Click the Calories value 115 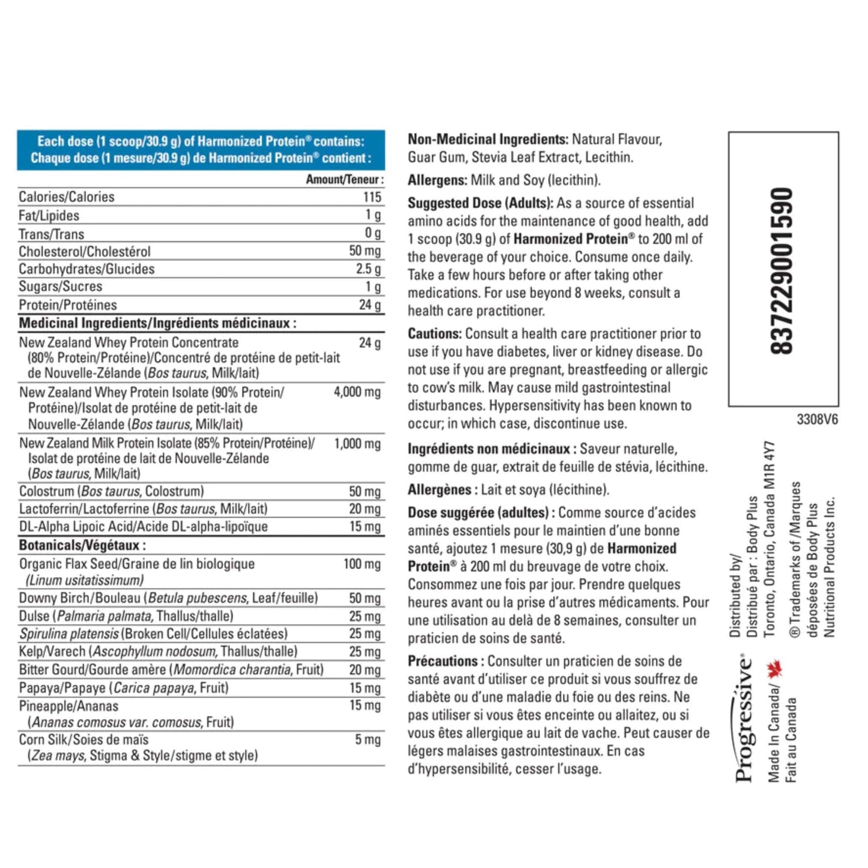point(372,197)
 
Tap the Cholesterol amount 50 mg point(365,251)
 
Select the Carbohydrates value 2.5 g point(368,269)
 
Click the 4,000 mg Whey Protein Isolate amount point(357,392)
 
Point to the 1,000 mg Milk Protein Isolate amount point(357,444)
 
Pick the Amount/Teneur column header point(344,179)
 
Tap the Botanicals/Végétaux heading point(82,545)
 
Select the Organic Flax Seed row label point(136,564)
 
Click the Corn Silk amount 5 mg point(368,739)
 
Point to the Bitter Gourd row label point(171,670)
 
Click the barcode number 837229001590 point(783,271)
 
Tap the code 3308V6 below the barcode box point(817,419)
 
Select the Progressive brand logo point(744,718)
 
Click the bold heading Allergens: point(437,180)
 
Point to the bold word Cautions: point(434,334)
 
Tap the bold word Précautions point(443,661)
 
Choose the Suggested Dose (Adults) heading point(480,203)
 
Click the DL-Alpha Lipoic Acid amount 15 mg point(365,527)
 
